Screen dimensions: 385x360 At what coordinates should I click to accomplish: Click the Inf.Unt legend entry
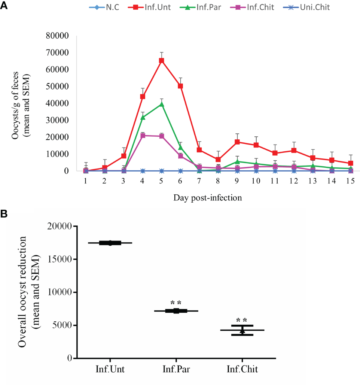tap(149, 7)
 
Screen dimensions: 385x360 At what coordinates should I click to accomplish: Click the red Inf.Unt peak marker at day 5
tap(162, 60)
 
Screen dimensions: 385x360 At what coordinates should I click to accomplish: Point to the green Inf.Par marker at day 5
tap(162, 104)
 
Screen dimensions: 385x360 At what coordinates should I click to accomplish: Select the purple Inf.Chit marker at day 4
tap(143, 136)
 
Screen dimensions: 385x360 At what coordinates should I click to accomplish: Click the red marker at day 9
tap(237, 142)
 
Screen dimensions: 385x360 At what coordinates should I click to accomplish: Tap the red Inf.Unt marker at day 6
tap(180, 86)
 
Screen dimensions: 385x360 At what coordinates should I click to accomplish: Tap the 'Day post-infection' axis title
tap(207, 198)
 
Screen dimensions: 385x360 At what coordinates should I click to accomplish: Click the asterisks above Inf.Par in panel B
tap(176, 303)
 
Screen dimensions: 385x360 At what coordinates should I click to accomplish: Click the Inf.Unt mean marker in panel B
tap(110, 243)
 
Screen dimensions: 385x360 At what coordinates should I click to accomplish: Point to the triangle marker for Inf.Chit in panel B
tap(242, 331)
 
